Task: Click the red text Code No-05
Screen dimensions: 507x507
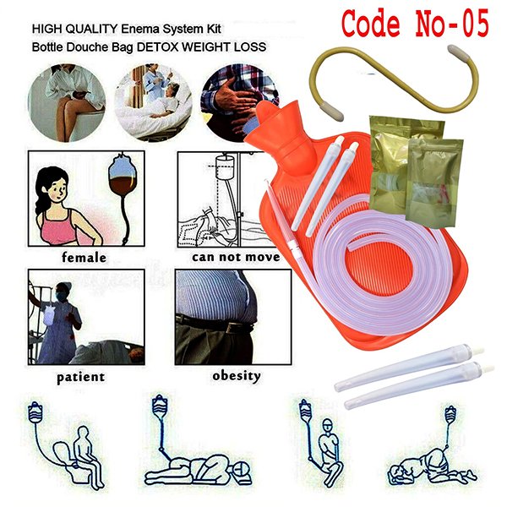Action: tap(415, 24)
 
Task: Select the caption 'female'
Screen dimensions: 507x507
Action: tap(84, 258)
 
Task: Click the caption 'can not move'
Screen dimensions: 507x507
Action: tap(236, 257)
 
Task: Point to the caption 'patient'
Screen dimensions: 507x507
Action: tap(81, 377)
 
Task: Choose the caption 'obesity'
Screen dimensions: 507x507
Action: tap(237, 376)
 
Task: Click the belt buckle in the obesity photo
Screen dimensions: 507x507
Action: tap(233, 328)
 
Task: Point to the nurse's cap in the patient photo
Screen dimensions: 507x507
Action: tap(63, 286)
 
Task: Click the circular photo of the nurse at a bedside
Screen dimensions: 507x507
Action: tap(153, 103)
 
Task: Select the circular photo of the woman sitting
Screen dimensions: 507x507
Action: tap(67, 103)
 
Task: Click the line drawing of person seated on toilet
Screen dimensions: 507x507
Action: tap(79, 456)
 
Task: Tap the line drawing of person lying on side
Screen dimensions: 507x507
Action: tap(198, 467)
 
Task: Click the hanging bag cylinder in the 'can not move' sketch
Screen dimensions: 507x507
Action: tap(225, 167)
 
